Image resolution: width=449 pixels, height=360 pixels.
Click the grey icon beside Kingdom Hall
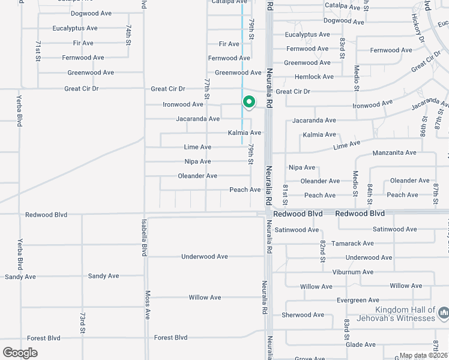tap(443, 313)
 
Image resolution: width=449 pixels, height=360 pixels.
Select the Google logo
tap(20, 352)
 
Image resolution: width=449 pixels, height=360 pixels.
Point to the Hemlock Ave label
tap(314, 77)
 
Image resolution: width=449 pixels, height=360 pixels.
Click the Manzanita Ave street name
tap(394, 153)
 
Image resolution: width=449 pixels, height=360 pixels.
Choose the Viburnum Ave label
tap(353, 272)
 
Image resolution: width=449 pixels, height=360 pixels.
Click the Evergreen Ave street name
tap(358, 300)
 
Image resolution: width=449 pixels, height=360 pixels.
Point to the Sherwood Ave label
tap(303, 314)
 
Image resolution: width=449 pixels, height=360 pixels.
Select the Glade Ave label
tap(361, 344)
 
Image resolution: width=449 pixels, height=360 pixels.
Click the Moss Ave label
tap(147, 305)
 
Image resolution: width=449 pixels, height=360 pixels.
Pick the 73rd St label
tap(82, 322)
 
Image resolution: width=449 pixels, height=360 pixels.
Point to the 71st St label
tap(37, 51)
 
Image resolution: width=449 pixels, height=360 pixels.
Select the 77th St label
tap(207, 89)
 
